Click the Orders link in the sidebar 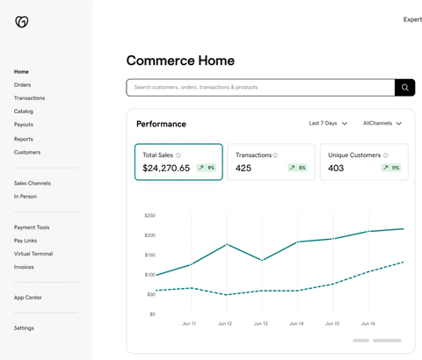pyautogui.click(x=22, y=85)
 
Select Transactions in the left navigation pyautogui.click(x=29, y=98)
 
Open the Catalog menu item pyautogui.click(x=24, y=112)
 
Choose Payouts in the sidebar pyautogui.click(x=24, y=125)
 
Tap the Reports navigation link pyautogui.click(x=24, y=139)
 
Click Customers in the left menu pyautogui.click(x=27, y=152)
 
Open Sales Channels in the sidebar pyautogui.click(x=33, y=184)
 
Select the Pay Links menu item pyautogui.click(x=25, y=241)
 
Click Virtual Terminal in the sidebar pyautogui.click(x=33, y=254)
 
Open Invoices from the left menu pyautogui.click(x=24, y=267)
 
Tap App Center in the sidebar pyautogui.click(x=28, y=298)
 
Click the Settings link pyautogui.click(x=25, y=328)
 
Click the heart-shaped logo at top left pyautogui.click(x=22, y=21)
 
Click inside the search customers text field pyautogui.click(x=259, y=88)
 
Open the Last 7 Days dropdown pyautogui.click(x=328, y=124)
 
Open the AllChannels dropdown pyautogui.click(x=382, y=124)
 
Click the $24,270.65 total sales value pyautogui.click(x=166, y=168)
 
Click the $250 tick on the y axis pyautogui.click(x=149, y=215)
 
